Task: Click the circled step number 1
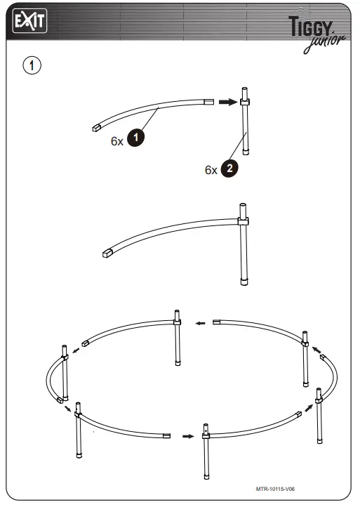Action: (32, 65)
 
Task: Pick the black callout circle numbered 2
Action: (229, 169)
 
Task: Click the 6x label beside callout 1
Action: (117, 140)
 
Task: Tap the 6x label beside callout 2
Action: (211, 170)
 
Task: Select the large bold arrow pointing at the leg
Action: (226, 102)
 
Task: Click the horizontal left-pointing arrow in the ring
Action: (200, 324)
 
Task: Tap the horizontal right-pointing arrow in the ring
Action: (186, 436)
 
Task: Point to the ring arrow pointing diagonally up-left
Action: (316, 349)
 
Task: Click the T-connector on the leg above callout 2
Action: (244, 103)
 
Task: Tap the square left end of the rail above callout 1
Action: (97, 129)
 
